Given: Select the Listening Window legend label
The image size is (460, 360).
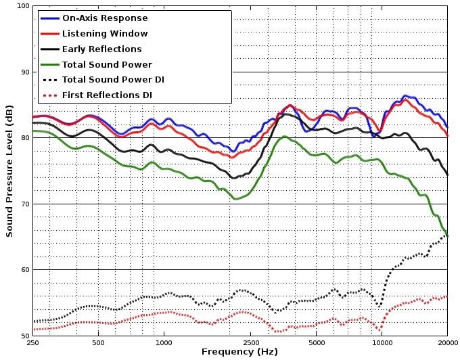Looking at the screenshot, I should tap(105, 33).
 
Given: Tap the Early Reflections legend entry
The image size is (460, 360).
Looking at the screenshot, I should tap(101, 49).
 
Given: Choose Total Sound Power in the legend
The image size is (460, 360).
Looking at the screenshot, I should tap(107, 64).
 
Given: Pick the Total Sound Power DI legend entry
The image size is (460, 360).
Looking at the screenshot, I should tap(113, 80).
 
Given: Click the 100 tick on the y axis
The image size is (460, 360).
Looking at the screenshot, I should tap(22, 6).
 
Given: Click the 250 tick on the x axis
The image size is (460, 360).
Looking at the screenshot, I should tap(32, 343).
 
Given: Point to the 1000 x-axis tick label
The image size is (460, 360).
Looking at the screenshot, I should tap(164, 343).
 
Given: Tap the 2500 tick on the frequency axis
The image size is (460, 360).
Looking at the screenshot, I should tap(250, 343).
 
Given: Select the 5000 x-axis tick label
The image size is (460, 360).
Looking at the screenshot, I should tap(316, 343).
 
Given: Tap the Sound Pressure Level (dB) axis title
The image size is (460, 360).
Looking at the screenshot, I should tap(9, 171).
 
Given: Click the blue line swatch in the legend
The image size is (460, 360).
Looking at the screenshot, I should tap(48, 18).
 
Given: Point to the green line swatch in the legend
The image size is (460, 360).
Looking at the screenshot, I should tap(48, 64).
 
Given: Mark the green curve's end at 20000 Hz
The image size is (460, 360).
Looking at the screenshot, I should tap(446, 235).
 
